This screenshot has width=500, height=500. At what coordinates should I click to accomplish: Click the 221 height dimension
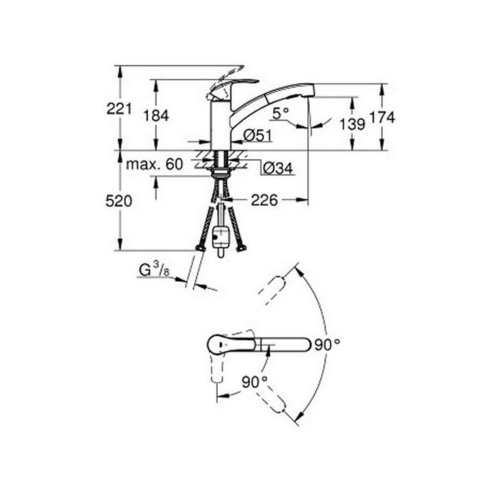tap(119, 110)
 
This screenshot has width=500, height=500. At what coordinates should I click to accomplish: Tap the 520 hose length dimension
tap(119, 201)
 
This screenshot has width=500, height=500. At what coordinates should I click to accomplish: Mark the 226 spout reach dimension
tap(264, 200)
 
